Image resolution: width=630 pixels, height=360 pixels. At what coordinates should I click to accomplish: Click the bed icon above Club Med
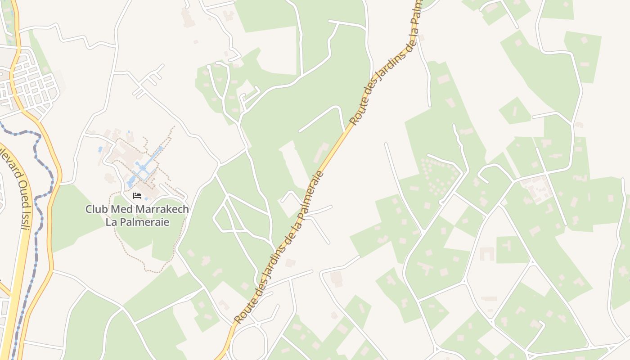point(137,195)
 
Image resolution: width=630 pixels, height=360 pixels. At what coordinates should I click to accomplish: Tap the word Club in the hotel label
point(95,209)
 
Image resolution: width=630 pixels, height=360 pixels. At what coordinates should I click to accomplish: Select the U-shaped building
point(486,254)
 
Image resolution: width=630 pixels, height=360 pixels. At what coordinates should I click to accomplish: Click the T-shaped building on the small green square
point(507,246)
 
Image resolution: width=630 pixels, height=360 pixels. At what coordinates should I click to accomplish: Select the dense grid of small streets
point(31,83)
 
